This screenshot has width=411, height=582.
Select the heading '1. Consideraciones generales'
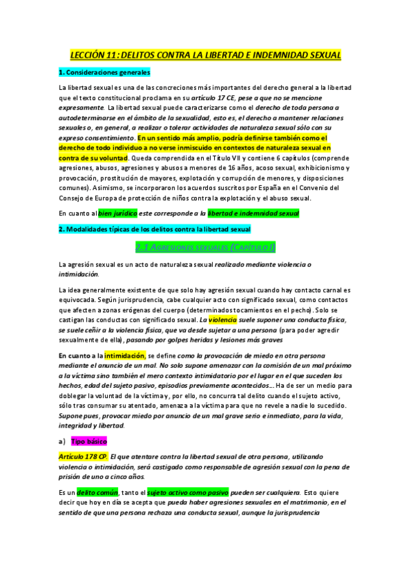104,72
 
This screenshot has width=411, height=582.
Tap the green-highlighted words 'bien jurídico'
117,213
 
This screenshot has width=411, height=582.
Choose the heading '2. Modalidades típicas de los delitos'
154,229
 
